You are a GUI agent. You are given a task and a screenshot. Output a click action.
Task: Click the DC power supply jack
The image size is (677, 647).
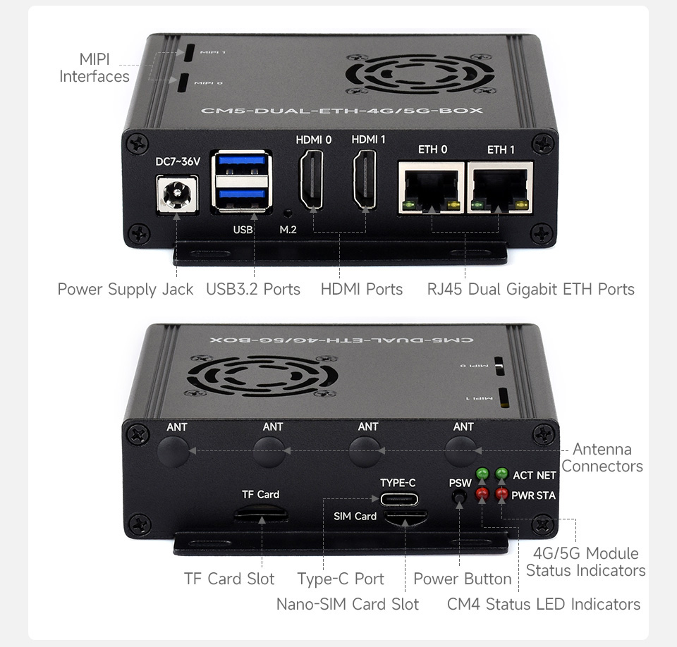point(177,195)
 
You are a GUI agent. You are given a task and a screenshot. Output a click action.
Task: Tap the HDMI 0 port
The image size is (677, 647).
point(311,179)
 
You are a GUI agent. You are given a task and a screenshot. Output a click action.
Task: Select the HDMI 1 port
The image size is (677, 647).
point(365,179)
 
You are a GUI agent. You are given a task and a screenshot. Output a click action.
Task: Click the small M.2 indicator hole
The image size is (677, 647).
point(288,213)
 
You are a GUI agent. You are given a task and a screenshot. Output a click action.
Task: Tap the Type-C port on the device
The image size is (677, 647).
point(399,500)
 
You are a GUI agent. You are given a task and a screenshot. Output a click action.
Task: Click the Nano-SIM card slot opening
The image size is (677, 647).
point(405,517)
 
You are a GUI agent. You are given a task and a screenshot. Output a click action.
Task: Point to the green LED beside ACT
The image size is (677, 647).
point(482,474)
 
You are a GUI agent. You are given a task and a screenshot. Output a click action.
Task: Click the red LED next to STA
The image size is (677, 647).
point(501,493)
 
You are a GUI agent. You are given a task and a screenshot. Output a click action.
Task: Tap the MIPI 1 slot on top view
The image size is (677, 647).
point(189,53)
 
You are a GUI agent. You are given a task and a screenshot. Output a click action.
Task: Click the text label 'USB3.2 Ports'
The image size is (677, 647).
point(253,289)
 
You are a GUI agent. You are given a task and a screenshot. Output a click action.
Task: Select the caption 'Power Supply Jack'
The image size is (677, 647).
point(126,289)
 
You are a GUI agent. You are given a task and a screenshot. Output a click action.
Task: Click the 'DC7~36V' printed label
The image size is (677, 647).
point(178,161)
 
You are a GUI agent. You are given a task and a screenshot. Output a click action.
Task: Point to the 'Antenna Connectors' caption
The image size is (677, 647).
point(602,457)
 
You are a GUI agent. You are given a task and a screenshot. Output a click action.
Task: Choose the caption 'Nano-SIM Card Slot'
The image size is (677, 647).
point(348,604)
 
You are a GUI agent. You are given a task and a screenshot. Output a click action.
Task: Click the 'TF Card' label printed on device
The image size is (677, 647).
point(261,494)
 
